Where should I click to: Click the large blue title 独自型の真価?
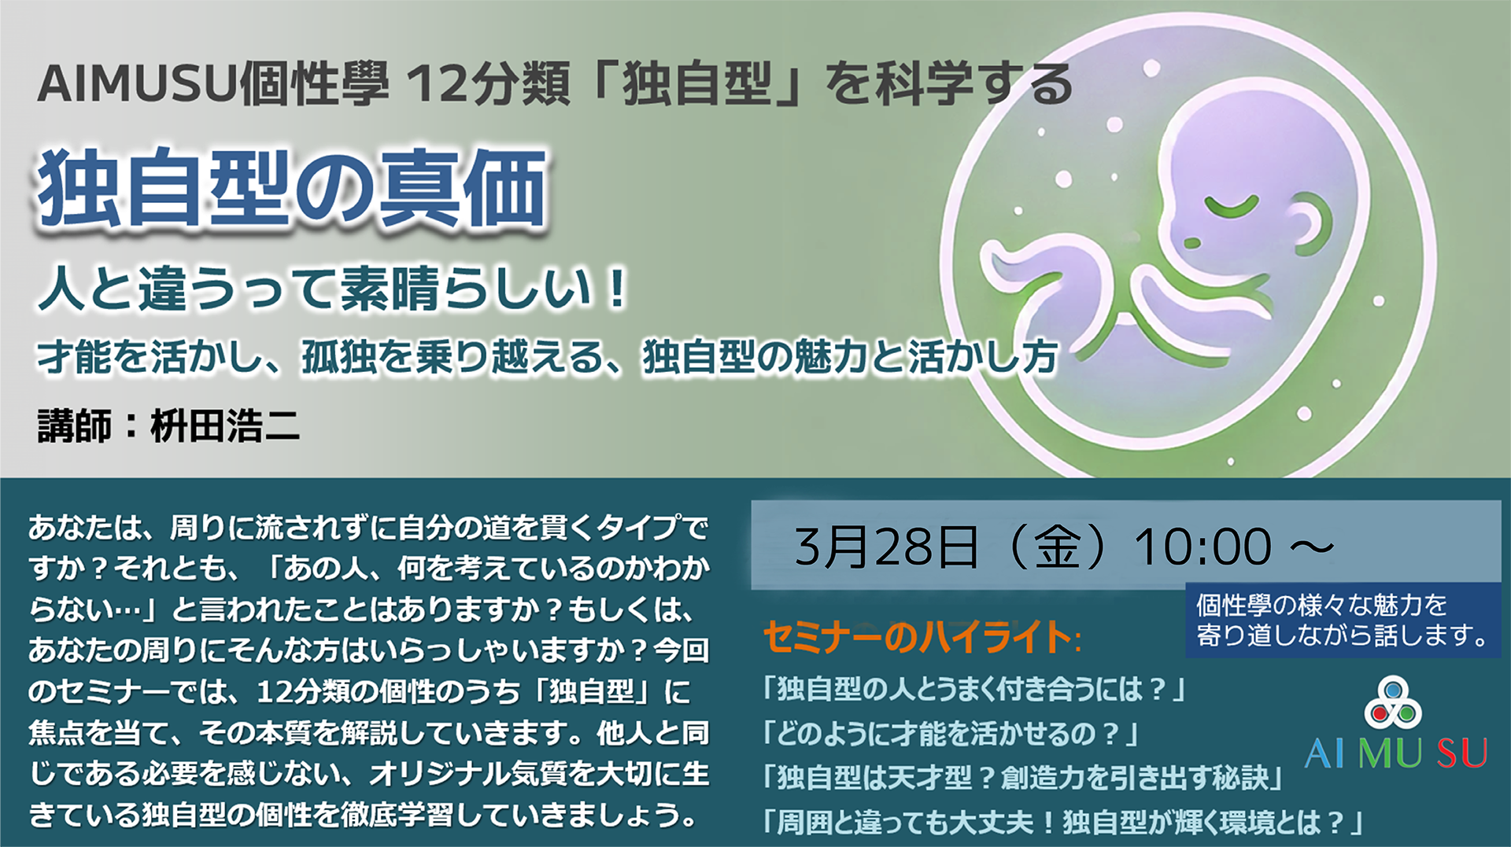pyautogui.click(x=292, y=189)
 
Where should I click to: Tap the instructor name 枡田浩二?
pyautogui.click(x=225, y=426)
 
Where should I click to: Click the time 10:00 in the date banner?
pyautogui.click(x=1203, y=546)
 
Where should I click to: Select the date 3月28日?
pyautogui.click(x=887, y=546)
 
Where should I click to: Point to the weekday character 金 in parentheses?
pyautogui.click(x=1057, y=546)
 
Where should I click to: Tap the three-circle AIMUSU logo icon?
pyautogui.click(x=1393, y=702)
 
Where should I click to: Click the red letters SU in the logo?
pyautogui.click(x=1461, y=753)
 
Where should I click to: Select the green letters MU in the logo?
pyautogui.click(x=1390, y=753)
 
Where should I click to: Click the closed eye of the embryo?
pyautogui.click(x=1232, y=207)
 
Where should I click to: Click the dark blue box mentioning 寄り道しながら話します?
pyautogui.click(x=1343, y=620)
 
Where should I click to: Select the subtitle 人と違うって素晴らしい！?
pyautogui.click(x=333, y=288)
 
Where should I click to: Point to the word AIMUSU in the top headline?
pyautogui.click(x=137, y=84)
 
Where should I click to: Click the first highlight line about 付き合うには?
pyautogui.click(x=974, y=690)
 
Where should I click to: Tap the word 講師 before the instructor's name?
pyautogui.click(x=74, y=426)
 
